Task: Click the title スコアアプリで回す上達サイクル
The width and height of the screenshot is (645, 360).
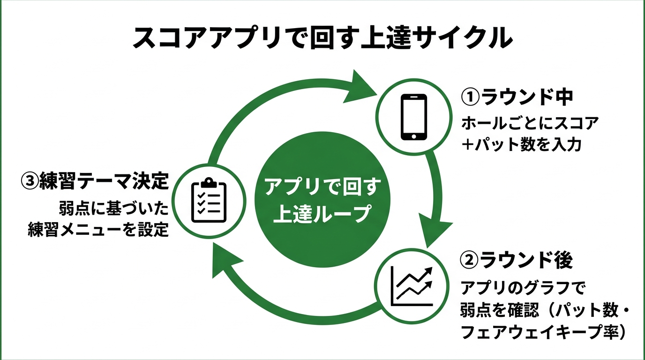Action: [322, 38]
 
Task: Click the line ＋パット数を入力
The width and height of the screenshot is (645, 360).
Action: [522, 144]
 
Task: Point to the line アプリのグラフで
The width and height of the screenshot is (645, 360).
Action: [524, 287]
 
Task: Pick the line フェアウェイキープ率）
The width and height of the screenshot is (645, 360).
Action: [544, 332]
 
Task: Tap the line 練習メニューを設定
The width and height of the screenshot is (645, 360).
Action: [98, 230]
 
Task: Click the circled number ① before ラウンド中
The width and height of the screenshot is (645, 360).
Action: [471, 98]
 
